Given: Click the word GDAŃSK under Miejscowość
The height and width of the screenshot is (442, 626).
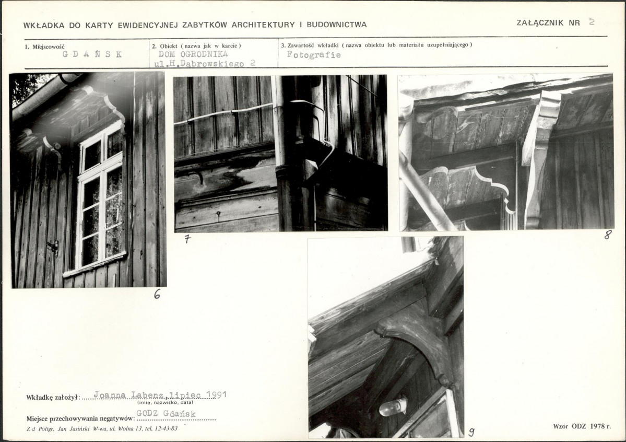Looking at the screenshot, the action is [92, 54].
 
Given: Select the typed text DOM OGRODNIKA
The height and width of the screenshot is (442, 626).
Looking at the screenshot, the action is [193, 54].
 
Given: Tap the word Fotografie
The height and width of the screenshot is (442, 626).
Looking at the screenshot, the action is [314, 55].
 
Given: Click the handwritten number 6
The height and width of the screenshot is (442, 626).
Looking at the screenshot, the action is [157, 295].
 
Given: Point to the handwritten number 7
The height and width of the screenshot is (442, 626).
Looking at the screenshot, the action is [187, 239].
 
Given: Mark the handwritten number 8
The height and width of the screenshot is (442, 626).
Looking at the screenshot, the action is [608, 235].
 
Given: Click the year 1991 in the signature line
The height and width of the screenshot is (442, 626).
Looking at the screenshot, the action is [216, 395].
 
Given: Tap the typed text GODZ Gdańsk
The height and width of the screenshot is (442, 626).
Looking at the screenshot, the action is [166, 414].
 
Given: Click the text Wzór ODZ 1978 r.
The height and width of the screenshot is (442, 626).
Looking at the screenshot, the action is [582, 426].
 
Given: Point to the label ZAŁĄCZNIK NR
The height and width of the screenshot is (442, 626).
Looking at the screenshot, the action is [548, 23].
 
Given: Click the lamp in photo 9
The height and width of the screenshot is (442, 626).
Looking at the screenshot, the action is [393, 406].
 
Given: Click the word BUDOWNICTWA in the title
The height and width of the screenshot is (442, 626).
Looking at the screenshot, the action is [337, 25].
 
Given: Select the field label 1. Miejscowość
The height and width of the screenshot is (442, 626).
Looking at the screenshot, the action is [45, 46].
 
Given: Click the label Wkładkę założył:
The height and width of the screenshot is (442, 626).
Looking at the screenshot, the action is [53, 398].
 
